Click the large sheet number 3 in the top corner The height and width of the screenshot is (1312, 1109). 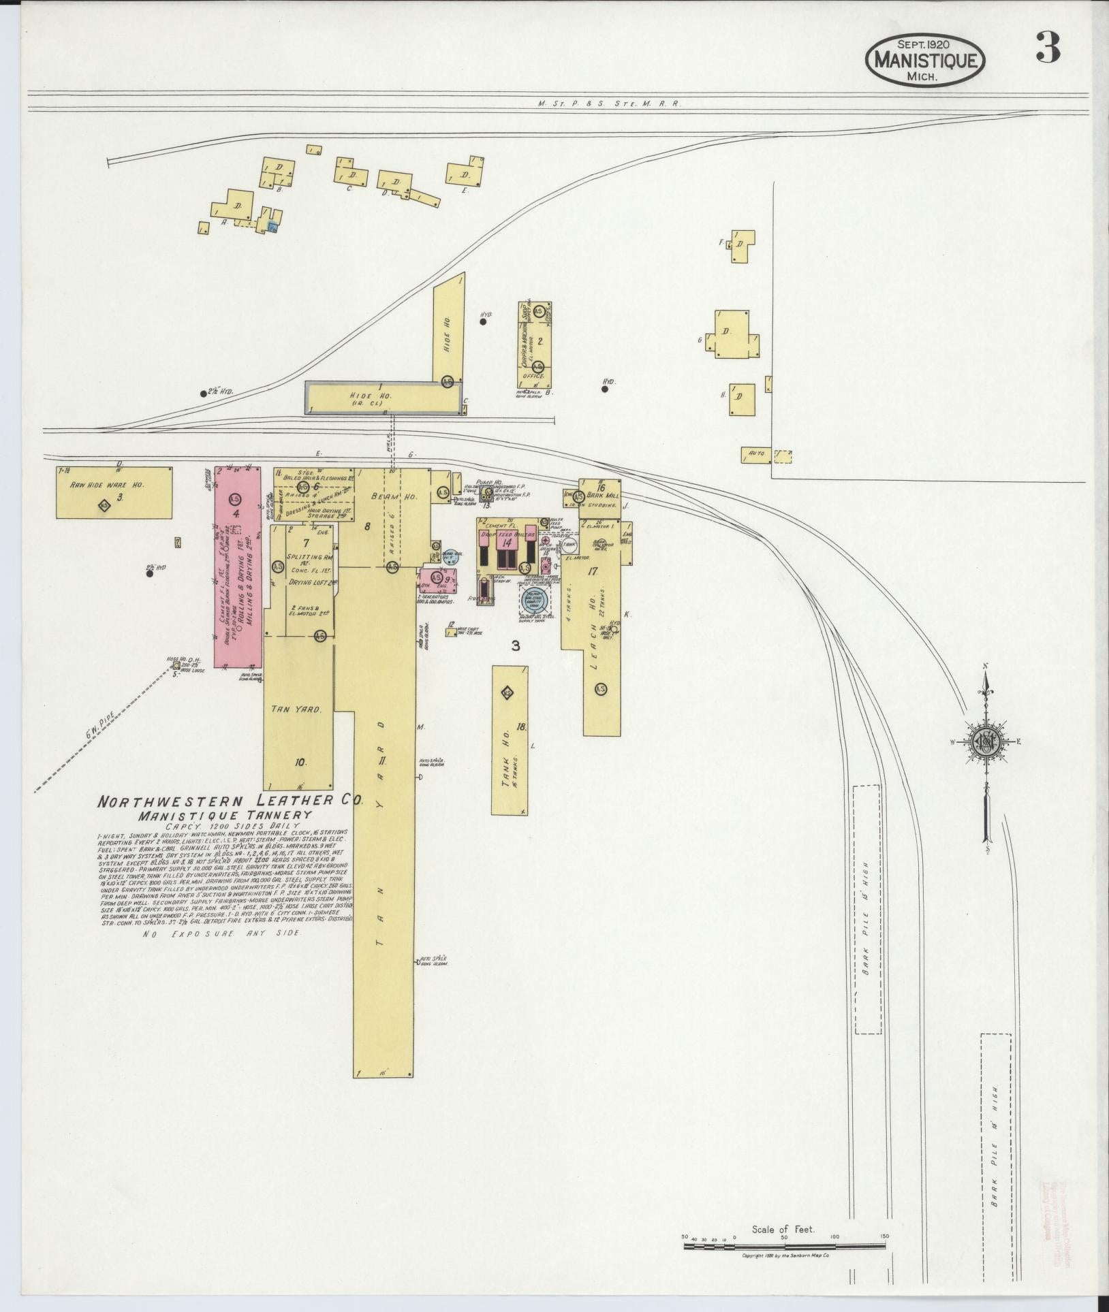point(1047,48)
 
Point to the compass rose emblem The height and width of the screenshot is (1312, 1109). point(985,741)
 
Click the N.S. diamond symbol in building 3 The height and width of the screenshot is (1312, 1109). point(104,505)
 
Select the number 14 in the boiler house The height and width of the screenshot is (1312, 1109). point(506,542)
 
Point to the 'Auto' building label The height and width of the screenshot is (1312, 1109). point(756,453)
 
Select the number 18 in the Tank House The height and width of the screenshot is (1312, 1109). point(521,726)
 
